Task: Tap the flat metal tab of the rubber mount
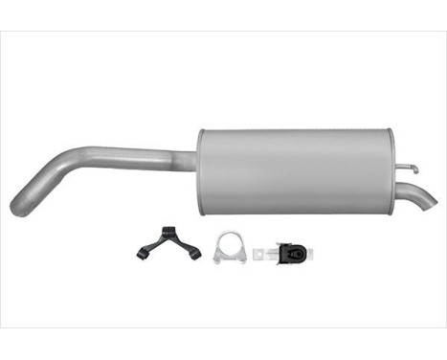point(261,254)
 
